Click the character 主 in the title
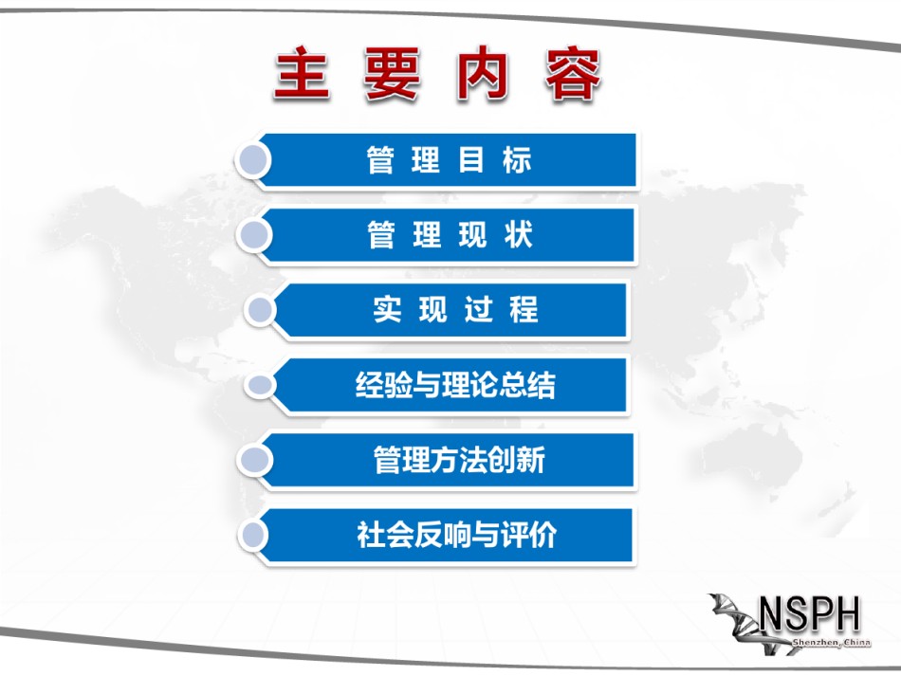[303, 74]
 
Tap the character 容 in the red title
[573, 74]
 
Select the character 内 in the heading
[483, 74]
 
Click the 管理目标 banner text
[449, 160]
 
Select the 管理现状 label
[450, 235]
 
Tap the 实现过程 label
[455, 310]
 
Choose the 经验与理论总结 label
[455, 385]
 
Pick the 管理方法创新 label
[459, 460]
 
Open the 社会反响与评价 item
[456, 535]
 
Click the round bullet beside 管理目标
[254, 160]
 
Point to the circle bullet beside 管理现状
[254, 235]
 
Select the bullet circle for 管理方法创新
[254, 460]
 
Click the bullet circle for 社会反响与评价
[254, 535]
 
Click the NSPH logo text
[809, 614]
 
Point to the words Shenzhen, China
[832, 642]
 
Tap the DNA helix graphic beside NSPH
[742, 623]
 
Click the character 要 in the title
[393, 74]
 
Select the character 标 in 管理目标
[517, 160]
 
